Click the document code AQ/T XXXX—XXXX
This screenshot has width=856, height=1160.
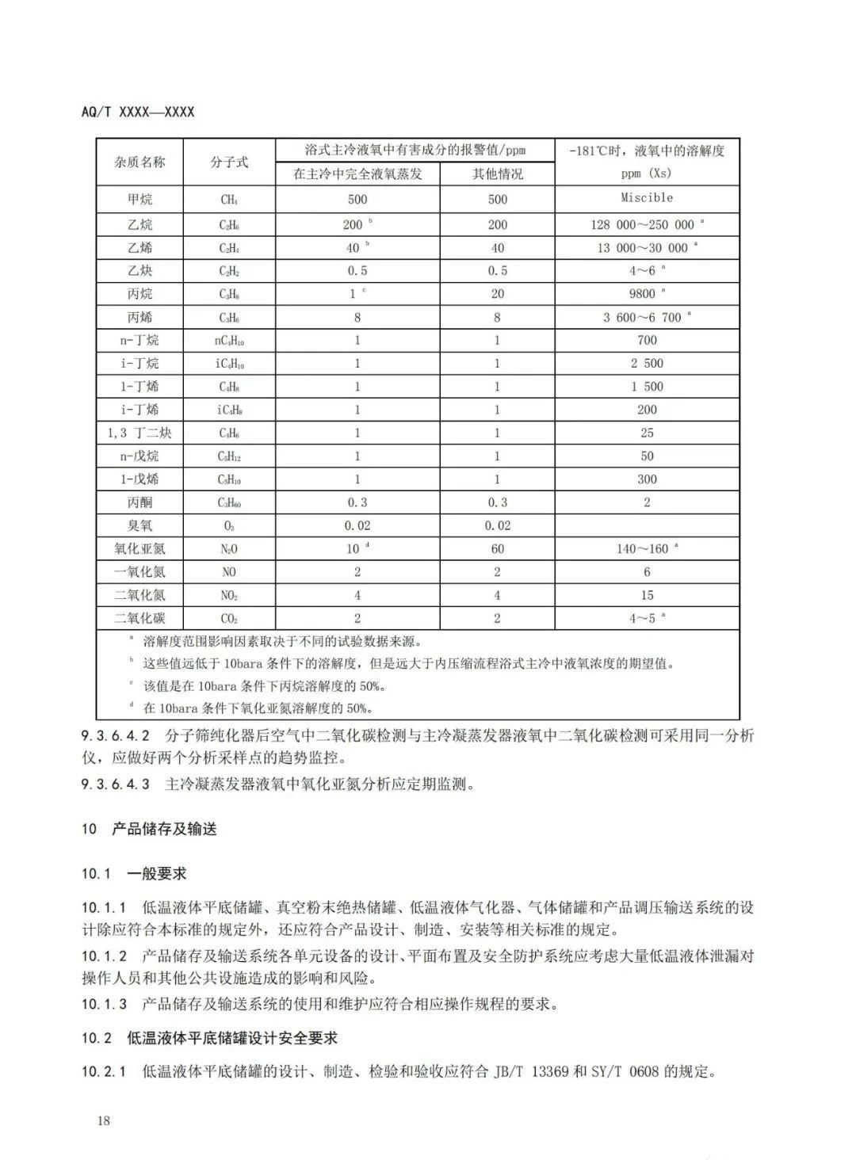[137, 112]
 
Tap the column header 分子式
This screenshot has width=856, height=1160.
[229, 162]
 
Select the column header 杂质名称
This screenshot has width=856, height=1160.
[139, 162]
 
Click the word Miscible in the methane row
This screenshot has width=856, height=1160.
[647, 197]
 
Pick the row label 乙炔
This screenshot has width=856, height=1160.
[139, 270]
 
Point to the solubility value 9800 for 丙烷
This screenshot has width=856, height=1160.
[643, 294]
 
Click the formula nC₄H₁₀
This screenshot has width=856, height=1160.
[229, 341]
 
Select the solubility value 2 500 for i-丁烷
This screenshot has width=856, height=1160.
[647, 364]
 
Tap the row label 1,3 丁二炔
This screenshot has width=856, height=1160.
[139, 433]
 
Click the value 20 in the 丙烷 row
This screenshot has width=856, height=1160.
[497, 294]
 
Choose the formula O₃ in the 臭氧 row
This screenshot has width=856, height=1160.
[229, 526]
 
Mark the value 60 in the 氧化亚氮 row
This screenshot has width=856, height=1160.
[497, 548]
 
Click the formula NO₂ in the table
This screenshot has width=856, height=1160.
[229, 595]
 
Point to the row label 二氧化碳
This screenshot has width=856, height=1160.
[139, 618]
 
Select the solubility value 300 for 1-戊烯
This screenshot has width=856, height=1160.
[647, 479]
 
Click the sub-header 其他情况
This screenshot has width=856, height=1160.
[497, 174]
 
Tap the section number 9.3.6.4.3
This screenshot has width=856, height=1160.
[115, 784]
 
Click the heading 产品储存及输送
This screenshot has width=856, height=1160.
[164, 829]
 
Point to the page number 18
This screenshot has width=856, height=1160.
[103, 1120]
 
